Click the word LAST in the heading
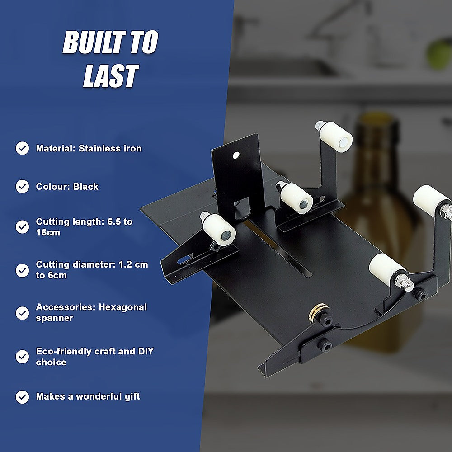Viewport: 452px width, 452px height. (110, 75)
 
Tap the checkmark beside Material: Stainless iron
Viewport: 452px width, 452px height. (22, 148)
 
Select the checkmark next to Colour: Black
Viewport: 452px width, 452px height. (22, 186)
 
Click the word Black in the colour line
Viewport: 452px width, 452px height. (86, 187)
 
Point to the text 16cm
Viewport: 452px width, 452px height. (48, 233)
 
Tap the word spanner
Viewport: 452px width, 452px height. (55, 318)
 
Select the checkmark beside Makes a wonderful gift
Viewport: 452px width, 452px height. (22, 396)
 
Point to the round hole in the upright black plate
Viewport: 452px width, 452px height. (235, 155)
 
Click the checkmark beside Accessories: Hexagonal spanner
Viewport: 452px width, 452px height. (22, 312)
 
